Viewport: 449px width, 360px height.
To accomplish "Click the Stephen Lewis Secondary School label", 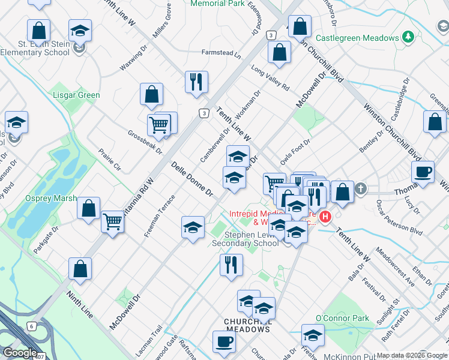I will [x=245, y=239].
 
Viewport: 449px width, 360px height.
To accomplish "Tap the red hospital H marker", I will [x=325, y=217].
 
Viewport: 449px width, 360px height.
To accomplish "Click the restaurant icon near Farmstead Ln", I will [x=196, y=82].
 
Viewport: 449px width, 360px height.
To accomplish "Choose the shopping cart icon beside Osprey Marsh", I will [x=112, y=222].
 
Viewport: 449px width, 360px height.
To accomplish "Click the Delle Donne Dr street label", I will [x=192, y=179].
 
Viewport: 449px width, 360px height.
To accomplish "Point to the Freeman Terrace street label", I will [x=159, y=215].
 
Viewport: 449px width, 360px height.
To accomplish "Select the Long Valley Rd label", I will [x=270, y=78].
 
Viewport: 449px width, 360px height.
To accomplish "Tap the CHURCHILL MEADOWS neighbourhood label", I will [x=247, y=325].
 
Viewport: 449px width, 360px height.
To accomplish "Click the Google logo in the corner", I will [x=20, y=353].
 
